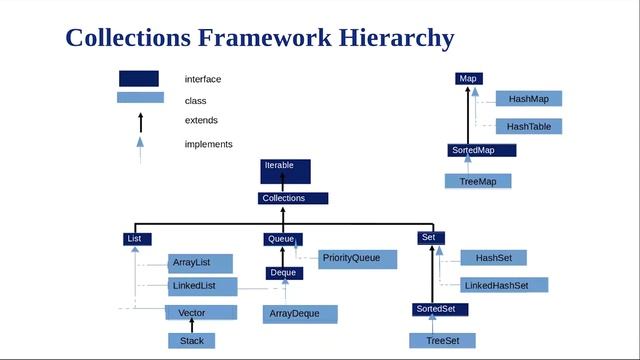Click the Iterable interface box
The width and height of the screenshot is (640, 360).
(x=285, y=170)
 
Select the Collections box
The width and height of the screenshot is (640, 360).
(x=292, y=198)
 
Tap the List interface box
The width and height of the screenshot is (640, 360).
(x=137, y=238)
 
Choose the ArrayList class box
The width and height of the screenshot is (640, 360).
(x=200, y=263)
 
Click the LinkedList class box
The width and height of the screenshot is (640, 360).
(x=202, y=287)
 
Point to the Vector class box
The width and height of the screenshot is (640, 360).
(x=200, y=313)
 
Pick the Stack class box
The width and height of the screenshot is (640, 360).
(x=191, y=341)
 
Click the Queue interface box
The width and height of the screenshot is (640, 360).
(x=283, y=239)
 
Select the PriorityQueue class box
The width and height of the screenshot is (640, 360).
(x=357, y=258)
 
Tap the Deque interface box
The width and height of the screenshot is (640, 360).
(x=283, y=273)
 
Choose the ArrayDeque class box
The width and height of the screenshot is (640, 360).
(x=299, y=314)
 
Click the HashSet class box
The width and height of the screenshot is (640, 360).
(x=493, y=258)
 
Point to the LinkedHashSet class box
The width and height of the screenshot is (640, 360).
(x=504, y=285)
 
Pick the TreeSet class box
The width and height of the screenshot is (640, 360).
(x=443, y=341)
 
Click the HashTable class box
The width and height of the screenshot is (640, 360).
(x=528, y=127)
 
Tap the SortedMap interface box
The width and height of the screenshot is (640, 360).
(x=481, y=150)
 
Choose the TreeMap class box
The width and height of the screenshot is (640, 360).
(x=478, y=181)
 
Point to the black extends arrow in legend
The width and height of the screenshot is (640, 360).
(x=140, y=121)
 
